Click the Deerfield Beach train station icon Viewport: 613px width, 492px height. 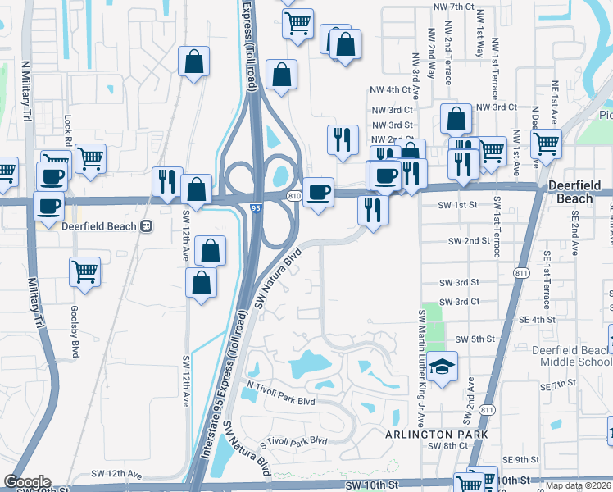pos(147,227)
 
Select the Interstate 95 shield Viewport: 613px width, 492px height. pos(257,210)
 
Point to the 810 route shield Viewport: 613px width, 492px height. pos(296,195)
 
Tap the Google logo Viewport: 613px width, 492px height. pos(27,482)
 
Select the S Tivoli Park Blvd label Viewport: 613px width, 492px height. pos(293,441)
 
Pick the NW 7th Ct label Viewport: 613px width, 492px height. pos(453,7)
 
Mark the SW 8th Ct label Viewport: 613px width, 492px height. pos(452,445)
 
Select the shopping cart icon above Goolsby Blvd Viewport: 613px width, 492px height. pos(86,272)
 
